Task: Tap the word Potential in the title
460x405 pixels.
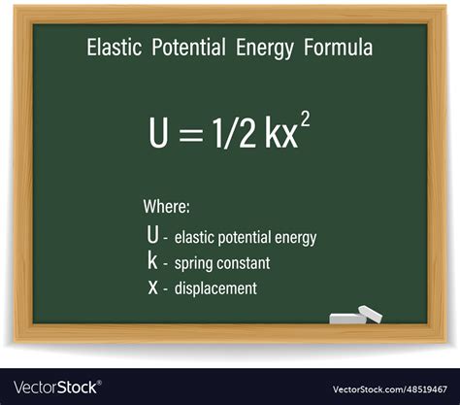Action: click(189, 48)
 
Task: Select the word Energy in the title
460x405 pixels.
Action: click(262, 48)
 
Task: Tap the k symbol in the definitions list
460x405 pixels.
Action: click(151, 260)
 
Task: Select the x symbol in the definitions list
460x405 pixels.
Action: click(151, 287)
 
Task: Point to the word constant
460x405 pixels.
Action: click(243, 262)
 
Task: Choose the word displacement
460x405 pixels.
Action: click(215, 288)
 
